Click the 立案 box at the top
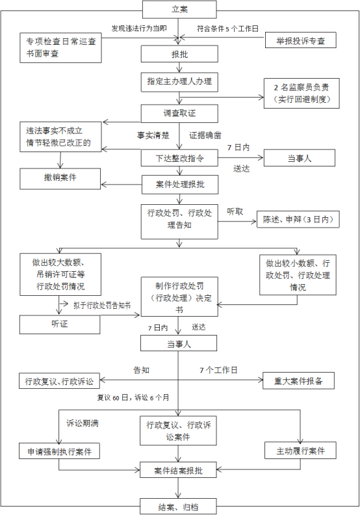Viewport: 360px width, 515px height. pyautogui.click(x=179, y=9)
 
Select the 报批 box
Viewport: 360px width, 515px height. pyautogui.click(x=179, y=54)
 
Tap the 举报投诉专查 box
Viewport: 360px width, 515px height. pyautogui.click(x=301, y=40)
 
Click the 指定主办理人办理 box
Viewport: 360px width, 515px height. pyautogui.click(x=179, y=82)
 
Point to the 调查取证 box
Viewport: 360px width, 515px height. pyautogui.click(x=179, y=114)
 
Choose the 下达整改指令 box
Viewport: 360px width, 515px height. pyautogui.click(x=179, y=158)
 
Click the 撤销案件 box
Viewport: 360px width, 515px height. pyautogui.click(x=60, y=179)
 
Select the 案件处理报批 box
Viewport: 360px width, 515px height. pyautogui.click(x=180, y=184)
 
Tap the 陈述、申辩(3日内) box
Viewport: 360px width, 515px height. pyautogui.click(x=298, y=219)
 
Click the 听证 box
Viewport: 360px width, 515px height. pyautogui.click(x=60, y=324)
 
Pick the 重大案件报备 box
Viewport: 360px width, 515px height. pyautogui.click(x=299, y=380)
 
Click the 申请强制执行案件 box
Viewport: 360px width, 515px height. pyautogui.click(x=59, y=451)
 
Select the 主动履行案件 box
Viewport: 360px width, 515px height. pyautogui.click(x=301, y=451)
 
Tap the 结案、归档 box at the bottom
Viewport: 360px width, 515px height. pyautogui.click(x=178, y=507)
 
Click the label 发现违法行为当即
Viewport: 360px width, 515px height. pyautogui.click(x=139, y=29)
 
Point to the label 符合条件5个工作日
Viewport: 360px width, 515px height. pyautogui.click(x=227, y=29)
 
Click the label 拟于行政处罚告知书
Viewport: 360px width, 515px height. pyautogui.click(x=102, y=306)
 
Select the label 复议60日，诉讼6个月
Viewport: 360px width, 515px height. pyautogui.click(x=133, y=398)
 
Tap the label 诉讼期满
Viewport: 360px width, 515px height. pyautogui.click(x=83, y=423)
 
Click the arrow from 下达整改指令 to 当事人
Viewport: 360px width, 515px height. pyautogui.click(x=240, y=158)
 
